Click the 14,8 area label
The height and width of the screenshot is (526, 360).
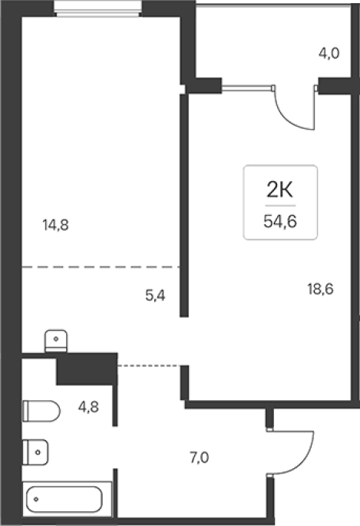pos(55,225)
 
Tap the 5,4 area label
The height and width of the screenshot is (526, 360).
pos(155,296)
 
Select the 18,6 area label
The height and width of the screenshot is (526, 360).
pos(320,289)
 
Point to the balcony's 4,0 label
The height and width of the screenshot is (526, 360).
pos(329,53)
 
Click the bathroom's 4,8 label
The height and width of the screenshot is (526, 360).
pos(88,407)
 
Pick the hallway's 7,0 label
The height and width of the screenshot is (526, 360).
pos(200,458)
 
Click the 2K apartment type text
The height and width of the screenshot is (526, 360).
pos(279,190)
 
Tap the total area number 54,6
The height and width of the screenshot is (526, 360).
pos(280,221)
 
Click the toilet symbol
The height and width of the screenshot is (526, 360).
pos(41,411)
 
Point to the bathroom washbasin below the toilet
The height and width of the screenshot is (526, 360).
pos(35,452)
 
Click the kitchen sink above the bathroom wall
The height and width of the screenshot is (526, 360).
pos(56,341)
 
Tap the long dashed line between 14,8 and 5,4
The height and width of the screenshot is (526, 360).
pos(101,267)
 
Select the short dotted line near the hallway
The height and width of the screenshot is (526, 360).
pos(150,366)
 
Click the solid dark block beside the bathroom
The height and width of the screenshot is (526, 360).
pos(87,369)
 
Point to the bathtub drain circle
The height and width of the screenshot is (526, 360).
pos(36,499)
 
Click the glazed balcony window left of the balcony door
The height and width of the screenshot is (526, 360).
pos(247,88)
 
